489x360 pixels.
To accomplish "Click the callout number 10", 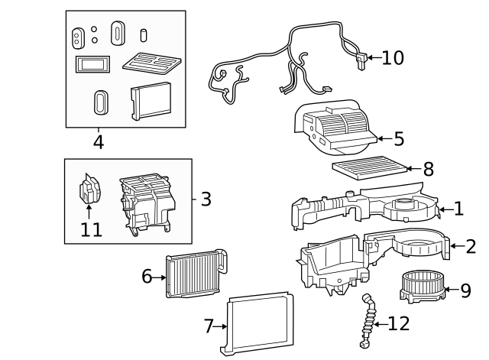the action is pyautogui.click(x=393, y=58).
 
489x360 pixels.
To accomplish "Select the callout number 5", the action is pyautogui.click(x=399, y=139).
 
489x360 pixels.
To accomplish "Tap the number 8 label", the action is pyautogui.click(x=429, y=169).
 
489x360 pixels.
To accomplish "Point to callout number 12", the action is pyautogui.click(x=399, y=324).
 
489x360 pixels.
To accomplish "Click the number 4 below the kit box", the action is pyautogui.click(x=99, y=142).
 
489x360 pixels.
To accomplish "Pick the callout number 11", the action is pyautogui.click(x=91, y=230).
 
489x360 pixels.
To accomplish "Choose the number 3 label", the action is pyautogui.click(x=206, y=199).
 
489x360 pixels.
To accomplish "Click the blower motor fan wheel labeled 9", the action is pyautogui.click(x=423, y=287).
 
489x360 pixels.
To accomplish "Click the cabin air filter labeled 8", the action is pyautogui.click(x=370, y=168).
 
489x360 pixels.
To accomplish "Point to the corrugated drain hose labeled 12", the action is pyautogui.click(x=368, y=320).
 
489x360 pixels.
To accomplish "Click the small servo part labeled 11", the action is pyautogui.click(x=89, y=189).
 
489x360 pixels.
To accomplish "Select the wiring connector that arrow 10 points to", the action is pyautogui.click(x=361, y=60).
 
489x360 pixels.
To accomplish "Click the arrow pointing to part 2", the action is pyautogui.click(x=457, y=246).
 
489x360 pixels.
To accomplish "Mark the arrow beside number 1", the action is pyautogui.click(x=446, y=209).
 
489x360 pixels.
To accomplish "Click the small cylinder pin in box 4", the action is pyautogui.click(x=143, y=35).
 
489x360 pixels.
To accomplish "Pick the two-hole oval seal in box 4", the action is pyautogui.click(x=78, y=38).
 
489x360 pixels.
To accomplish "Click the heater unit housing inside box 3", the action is pyautogui.click(x=146, y=204).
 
